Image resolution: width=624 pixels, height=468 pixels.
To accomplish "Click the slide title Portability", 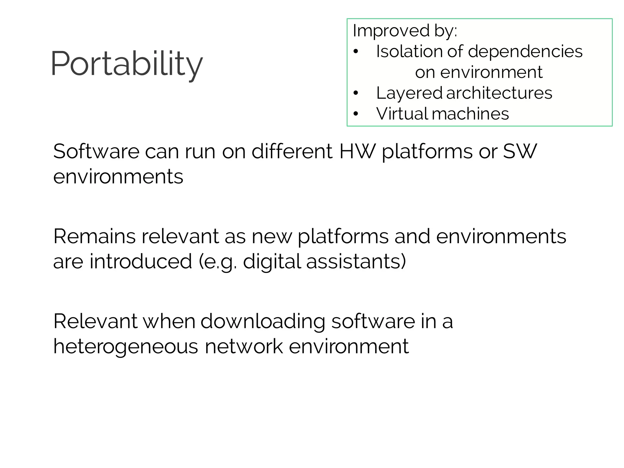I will pos(126,64).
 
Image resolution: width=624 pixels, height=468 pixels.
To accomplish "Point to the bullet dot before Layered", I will pos(356,93).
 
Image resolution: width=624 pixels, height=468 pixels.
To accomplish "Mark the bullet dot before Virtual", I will pos(356,114).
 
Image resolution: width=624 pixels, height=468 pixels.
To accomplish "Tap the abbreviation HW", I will pos(357,151).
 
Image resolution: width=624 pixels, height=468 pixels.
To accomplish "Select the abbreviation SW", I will pos(520,151).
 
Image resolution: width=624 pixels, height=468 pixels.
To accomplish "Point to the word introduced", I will pos(141,261).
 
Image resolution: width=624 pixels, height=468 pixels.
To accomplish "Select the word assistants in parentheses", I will pos(354,261).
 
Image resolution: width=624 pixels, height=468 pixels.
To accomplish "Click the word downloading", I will pos(263,322).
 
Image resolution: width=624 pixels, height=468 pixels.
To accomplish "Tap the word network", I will pos(244,347).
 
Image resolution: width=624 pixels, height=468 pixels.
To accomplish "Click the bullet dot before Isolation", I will pos(356,51).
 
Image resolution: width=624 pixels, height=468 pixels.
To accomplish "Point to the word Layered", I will pos(409,93).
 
